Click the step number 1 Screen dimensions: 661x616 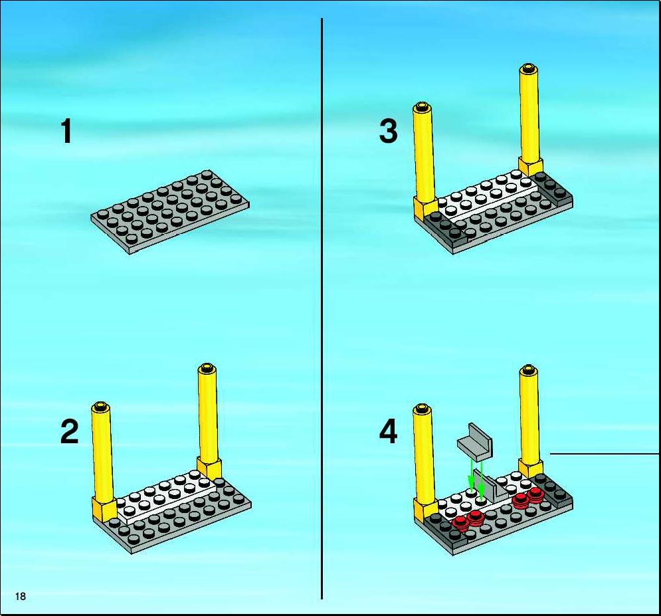(66, 131)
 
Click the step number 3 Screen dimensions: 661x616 (388, 131)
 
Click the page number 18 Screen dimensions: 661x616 (20, 596)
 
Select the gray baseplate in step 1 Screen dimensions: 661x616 (170, 212)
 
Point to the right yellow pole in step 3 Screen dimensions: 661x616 (530, 120)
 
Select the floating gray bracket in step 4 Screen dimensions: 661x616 (475, 442)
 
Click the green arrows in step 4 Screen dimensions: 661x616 (476, 478)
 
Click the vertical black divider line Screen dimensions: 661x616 (322, 308)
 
